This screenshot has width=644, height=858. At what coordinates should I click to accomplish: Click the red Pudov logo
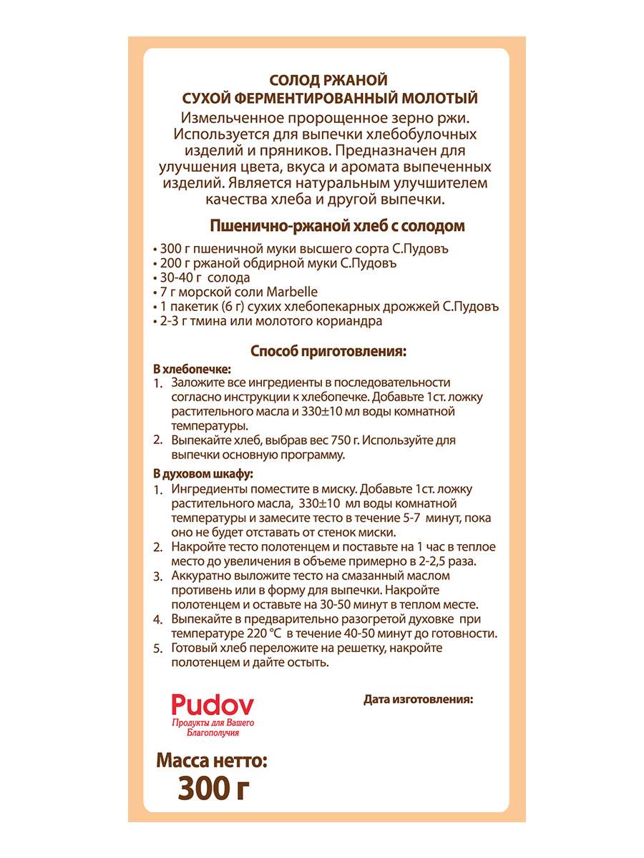[x=213, y=705]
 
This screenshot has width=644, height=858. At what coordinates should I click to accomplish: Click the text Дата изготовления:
[x=419, y=699]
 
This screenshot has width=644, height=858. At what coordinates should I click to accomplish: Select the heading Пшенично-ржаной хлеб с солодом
[x=337, y=227]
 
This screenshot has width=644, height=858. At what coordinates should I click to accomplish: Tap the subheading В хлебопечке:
[x=192, y=369]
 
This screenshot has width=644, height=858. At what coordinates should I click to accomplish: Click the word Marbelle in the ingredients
[x=281, y=292]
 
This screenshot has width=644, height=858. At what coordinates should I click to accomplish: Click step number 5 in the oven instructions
[x=158, y=649]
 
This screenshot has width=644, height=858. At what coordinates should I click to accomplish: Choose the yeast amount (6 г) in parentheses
[x=227, y=306]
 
